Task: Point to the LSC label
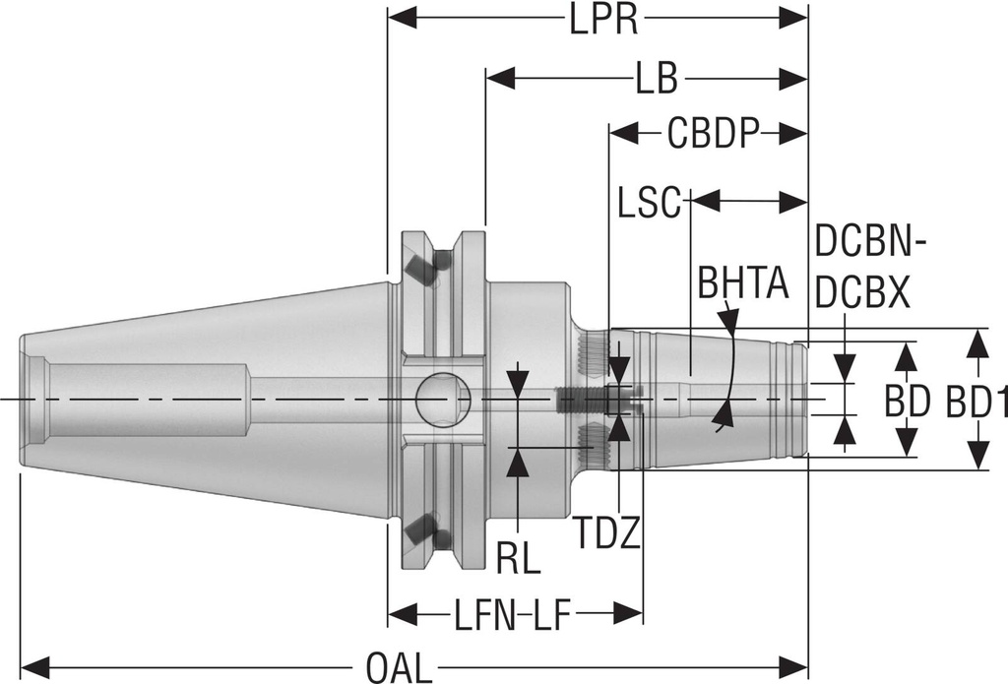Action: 650,204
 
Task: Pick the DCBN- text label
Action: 874,240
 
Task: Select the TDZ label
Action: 607,534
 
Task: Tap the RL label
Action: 518,558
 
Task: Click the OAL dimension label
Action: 400,667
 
